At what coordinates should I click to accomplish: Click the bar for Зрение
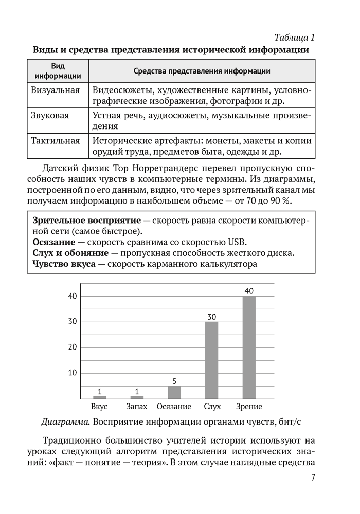(x=249, y=347)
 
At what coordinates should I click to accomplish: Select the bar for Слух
(x=211, y=360)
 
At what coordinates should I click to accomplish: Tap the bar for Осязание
(x=174, y=392)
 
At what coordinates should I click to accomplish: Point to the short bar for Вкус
(x=100, y=397)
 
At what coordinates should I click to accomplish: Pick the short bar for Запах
(x=137, y=397)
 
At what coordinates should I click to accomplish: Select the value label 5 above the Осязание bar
(x=174, y=381)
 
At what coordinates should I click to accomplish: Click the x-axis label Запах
(x=137, y=407)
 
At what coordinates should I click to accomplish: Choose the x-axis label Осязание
(x=174, y=407)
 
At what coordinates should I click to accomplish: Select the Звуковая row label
(x=50, y=116)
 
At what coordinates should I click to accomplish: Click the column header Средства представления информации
(x=202, y=71)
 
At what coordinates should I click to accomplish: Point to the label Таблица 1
(x=294, y=38)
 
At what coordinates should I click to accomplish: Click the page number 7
(x=313, y=478)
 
